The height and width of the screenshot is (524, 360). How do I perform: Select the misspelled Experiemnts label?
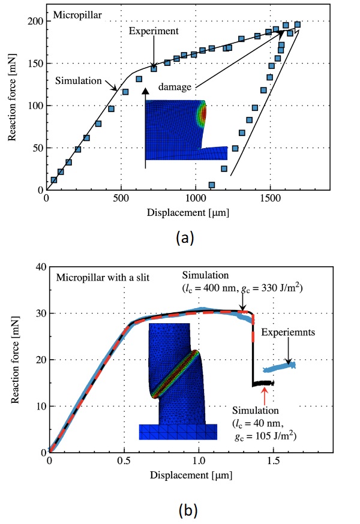tap(283, 331)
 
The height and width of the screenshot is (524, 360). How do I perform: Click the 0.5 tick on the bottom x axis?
tap(124, 462)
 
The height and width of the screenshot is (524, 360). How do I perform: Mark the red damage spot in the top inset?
tap(203, 114)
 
